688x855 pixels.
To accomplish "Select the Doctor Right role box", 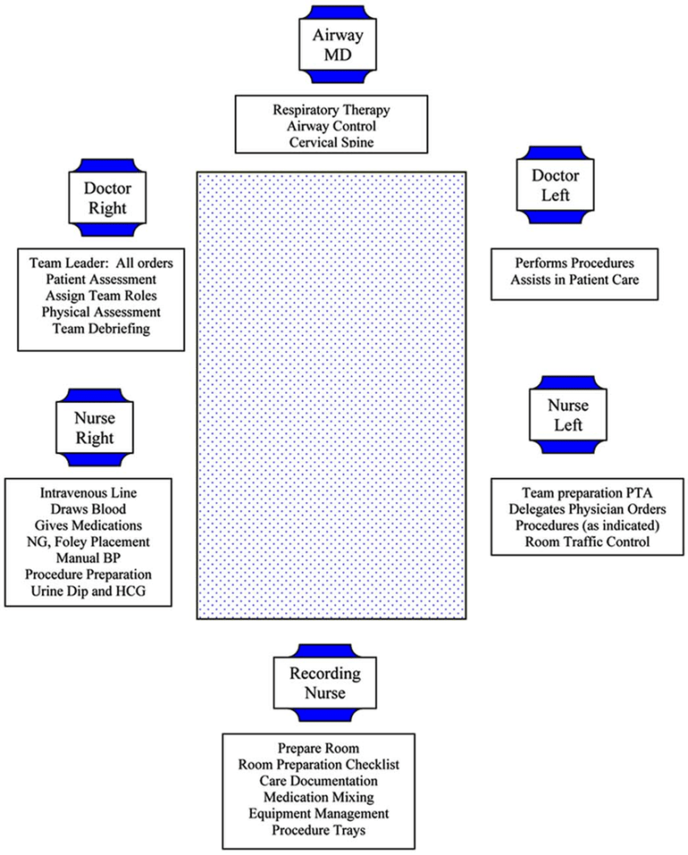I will (x=107, y=198).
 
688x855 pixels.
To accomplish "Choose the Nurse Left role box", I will (x=562, y=415).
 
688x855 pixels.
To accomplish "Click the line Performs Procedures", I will (x=574, y=265).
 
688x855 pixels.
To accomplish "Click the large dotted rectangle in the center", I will (x=331, y=394).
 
